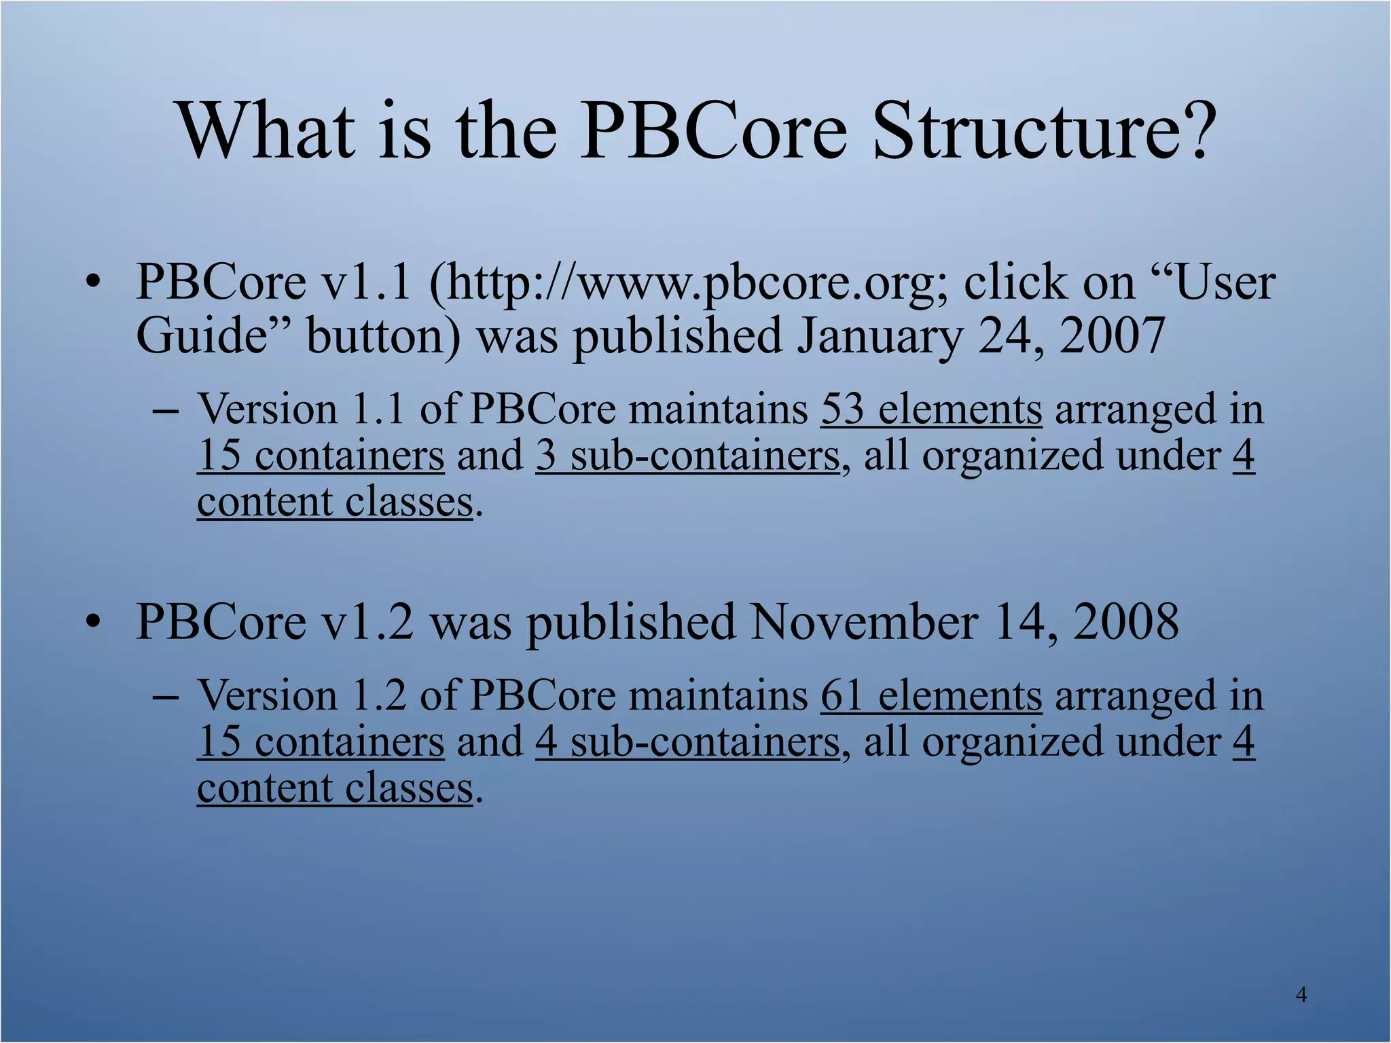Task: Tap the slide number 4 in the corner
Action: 1301,995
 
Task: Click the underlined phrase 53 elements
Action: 931,409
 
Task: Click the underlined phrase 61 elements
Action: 931,696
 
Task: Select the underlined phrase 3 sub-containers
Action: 687,456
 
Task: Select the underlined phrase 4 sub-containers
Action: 687,742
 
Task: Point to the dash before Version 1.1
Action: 166,411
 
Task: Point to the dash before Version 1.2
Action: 166,698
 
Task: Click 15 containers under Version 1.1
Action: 321,456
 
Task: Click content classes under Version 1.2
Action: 335,788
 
